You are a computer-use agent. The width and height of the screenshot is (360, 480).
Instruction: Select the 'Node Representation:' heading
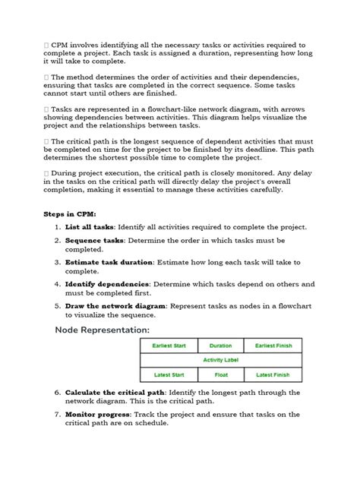pos(102,330)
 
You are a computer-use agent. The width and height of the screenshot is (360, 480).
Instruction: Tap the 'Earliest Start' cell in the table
pos(169,346)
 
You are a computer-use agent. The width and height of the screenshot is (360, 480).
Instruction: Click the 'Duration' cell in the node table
pos(220,346)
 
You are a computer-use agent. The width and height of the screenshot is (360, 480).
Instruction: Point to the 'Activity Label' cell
pos(220,360)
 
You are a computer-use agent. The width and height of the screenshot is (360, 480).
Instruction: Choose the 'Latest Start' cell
pos(169,374)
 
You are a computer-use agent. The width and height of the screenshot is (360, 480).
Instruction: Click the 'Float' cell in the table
pos(220,374)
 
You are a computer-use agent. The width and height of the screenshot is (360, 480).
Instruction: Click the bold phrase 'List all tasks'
pos(89,227)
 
